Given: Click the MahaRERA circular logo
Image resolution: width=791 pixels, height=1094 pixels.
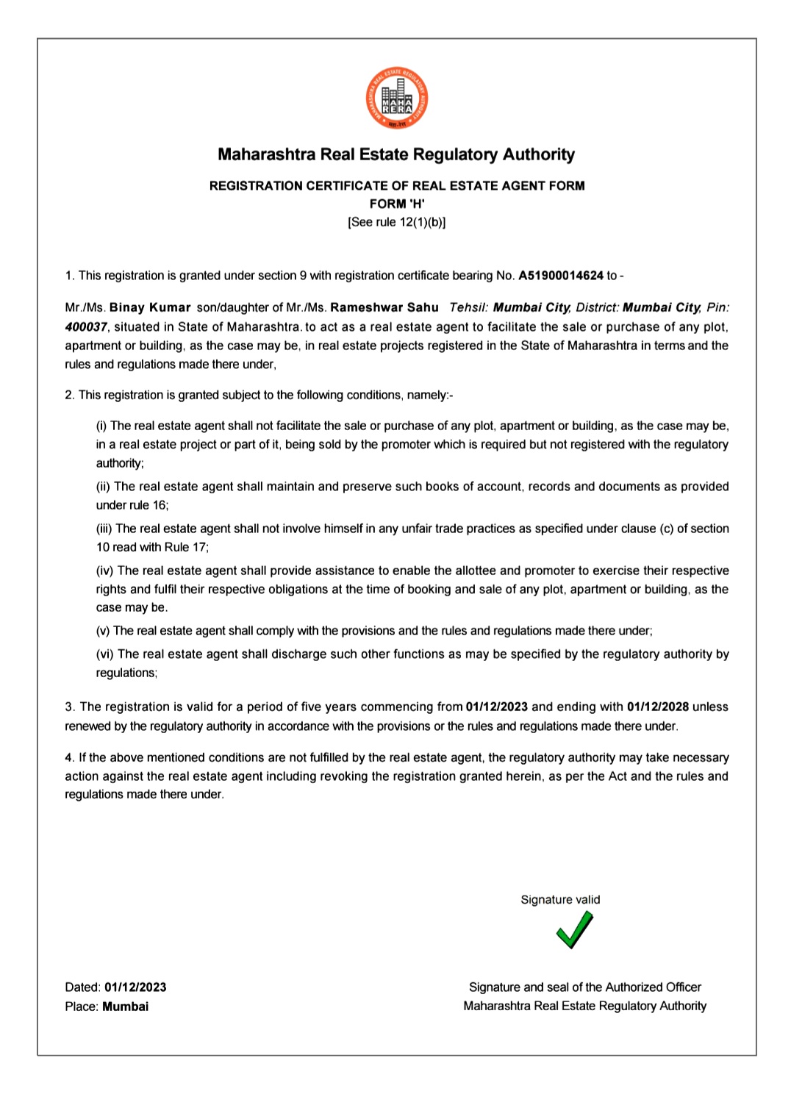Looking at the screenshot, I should pyautogui.click(x=397, y=99).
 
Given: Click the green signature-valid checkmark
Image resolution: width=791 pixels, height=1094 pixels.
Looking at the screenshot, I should pyautogui.click(x=574, y=930).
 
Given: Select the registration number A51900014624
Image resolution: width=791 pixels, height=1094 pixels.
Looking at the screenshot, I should pyautogui.click(x=561, y=276).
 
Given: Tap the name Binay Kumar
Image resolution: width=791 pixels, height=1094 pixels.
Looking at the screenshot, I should pyautogui.click(x=150, y=307).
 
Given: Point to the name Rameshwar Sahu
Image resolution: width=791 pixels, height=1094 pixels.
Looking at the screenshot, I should pyautogui.click(x=384, y=307).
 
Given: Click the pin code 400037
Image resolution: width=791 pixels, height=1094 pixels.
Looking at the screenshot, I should pyautogui.click(x=86, y=326).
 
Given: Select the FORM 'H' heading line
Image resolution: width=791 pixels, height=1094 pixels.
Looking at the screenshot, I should pyautogui.click(x=397, y=204).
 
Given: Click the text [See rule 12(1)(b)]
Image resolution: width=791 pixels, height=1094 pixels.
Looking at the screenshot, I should pyautogui.click(x=397, y=222).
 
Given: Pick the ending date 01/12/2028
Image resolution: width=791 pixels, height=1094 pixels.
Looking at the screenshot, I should pyautogui.click(x=658, y=707).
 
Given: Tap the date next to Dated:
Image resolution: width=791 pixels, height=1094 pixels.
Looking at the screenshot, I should pyautogui.click(x=135, y=987).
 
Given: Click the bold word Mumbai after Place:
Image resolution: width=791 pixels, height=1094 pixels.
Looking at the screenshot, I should pyautogui.click(x=126, y=1007).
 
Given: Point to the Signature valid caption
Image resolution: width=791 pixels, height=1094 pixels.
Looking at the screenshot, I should pyautogui.click(x=560, y=900).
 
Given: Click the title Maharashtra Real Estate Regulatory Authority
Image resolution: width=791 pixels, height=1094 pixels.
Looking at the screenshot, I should pyautogui.click(x=396, y=154).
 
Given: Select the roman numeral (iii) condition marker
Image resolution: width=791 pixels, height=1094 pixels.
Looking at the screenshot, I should pyautogui.click(x=104, y=529).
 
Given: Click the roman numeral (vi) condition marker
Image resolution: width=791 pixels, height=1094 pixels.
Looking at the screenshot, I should pyautogui.click(x=105, y=654).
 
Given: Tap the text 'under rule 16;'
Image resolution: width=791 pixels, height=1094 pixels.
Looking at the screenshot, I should pyautogui.click(x=132, y=505).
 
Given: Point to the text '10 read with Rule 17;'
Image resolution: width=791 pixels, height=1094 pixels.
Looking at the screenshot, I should pyautogui.click(x=152, y=547).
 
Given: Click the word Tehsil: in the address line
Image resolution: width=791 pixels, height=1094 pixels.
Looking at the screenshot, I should pyautogui.click(x=469, y=307).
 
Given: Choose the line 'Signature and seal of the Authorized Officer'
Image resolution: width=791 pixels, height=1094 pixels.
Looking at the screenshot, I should pyautogui.click(x=585, y=987).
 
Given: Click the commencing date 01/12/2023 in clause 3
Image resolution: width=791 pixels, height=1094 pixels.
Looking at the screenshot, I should pyautogui.click(x=497, y=707).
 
